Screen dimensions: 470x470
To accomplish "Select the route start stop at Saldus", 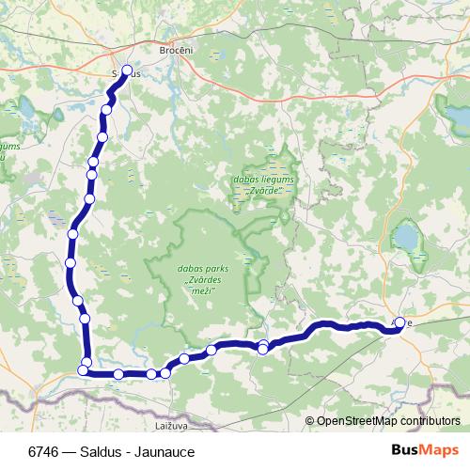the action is pos(126,70).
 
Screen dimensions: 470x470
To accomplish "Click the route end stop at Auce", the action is pos(399,323).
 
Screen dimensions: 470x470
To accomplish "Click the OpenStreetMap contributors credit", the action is pos(382,421).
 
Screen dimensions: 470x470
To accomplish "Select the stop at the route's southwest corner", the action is pos(83,370).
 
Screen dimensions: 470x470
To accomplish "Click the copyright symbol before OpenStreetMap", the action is pos(310,421).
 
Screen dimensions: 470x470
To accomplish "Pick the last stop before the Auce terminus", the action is pos(263,349).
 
